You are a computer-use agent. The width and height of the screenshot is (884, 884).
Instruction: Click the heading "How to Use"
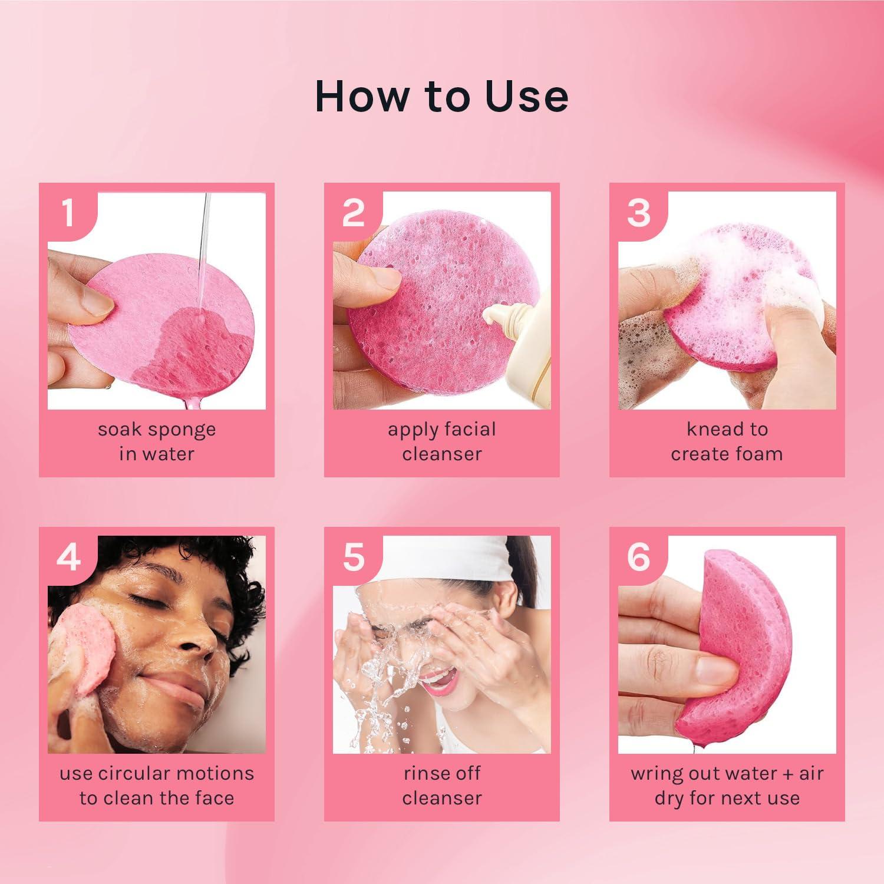[441, 96]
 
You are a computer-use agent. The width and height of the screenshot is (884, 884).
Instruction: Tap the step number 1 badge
[68, 212]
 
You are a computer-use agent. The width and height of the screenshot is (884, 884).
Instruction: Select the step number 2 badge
[354, 212]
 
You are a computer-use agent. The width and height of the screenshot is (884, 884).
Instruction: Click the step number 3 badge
[639, 212]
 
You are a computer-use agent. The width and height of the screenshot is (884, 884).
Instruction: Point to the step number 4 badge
[68, 556]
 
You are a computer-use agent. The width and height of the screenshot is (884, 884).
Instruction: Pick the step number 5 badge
[354, 556]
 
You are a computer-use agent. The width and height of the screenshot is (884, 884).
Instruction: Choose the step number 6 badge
[639, 556]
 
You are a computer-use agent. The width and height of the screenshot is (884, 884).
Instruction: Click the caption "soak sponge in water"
[157, 441]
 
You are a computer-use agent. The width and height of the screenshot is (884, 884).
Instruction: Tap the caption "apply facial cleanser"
[441, 441]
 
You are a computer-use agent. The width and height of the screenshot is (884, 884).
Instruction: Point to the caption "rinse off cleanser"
[441, 786]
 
